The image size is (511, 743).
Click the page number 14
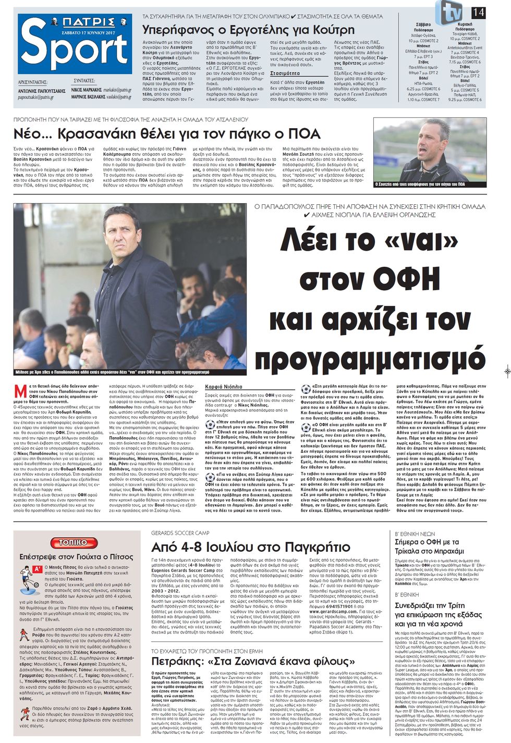(478, 12)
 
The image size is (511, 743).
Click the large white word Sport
(75, 48)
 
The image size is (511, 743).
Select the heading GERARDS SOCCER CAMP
(180, 533)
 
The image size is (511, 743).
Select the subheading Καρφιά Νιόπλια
(224, 387)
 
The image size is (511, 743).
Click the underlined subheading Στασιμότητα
(285, 73)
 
